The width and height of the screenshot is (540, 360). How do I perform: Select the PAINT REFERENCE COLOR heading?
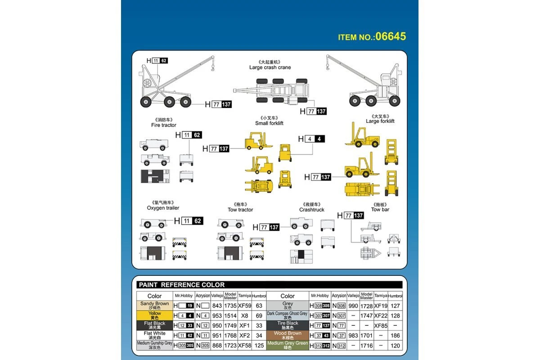pyautogui.click(x=182, y=285)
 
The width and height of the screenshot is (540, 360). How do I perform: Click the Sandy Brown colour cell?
pyautogui.click(x=154, y=306)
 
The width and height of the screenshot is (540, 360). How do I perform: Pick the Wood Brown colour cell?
pyautogui.click(x=287, y=336)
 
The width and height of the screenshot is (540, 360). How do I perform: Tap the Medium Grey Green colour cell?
pyautogui.click(x=287, y=346)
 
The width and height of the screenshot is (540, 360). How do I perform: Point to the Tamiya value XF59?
pyautogui.click(x=245, y=306)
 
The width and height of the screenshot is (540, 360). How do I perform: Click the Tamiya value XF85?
pyautogui.click(x=381, y=326)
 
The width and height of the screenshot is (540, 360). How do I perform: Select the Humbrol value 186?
pyautogui.click(x=395, y=336)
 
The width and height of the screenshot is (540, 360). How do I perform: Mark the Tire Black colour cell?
pyautogui.click(x=287, y=325)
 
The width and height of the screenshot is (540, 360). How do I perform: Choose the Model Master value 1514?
pyautogui.click(x=230, y=316)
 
